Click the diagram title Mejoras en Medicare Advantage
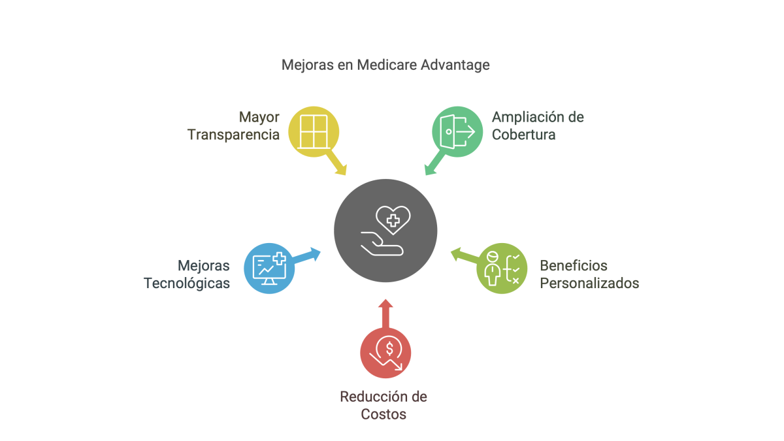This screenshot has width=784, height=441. [x=385, y=65]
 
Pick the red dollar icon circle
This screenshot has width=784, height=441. [x=385, y=353]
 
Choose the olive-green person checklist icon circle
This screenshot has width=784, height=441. [x=502, y=268]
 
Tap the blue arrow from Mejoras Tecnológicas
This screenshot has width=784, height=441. [x=306, y=255]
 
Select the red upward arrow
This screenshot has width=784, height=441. [x=385, y=314]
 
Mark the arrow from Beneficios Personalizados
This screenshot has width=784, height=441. [x=465, y=255]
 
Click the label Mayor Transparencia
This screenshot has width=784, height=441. [x=233, y=126]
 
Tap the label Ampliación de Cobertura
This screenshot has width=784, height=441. [x=538, y=126]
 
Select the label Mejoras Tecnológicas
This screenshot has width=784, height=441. [x=187, y=274]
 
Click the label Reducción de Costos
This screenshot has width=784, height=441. [x=384, y=405]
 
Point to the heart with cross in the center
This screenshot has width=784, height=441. [x=393, y=220]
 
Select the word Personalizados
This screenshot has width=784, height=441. [x=589, y=284]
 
